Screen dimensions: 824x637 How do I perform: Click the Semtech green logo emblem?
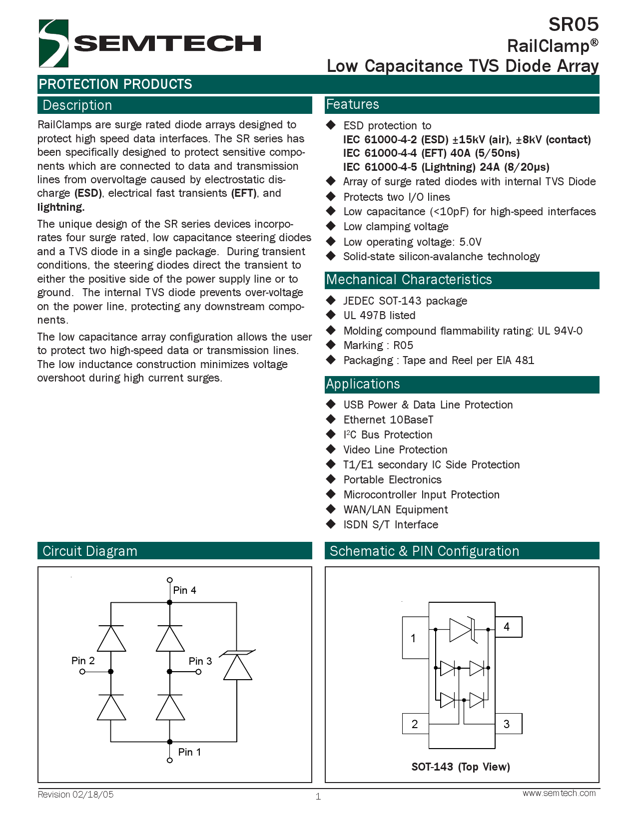[x=53, y=43]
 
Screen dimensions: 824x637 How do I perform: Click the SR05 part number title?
[x=573, y=24]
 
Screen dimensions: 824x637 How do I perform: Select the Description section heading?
[x=77, y=105]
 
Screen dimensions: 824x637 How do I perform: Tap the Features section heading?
[x=352, y=104]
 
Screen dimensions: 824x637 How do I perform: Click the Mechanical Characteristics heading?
[x=409, y=280]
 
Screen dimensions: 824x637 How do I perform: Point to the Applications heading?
[x=363, y=384]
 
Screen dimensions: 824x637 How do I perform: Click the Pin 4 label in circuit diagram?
[x=184, y=590]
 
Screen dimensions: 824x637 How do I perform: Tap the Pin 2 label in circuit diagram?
[x=83, y=661]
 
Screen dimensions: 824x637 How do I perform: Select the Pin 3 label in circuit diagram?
[x=200, y=661]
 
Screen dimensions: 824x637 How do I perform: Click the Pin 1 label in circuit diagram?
[x=189, y=752]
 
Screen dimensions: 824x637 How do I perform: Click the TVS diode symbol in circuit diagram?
[x=238, y=666]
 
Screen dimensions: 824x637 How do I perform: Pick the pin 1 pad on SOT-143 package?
[x=415, y=638]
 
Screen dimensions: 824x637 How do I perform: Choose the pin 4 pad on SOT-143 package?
[x=508, y=627]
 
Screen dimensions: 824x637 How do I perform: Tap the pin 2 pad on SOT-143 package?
[x=415, y=724]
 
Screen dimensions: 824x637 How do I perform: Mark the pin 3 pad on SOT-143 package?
[x=508, y=724]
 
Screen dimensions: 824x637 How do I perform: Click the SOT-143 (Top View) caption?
[x=461, y=767]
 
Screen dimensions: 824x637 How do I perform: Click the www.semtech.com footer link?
[x=559, y=793]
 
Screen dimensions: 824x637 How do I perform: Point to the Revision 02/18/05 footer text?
[x=75, y=795]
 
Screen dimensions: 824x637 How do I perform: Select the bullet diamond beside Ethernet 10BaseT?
[x=331, y=419]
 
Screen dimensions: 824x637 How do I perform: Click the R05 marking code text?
[x=403, y=346]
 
